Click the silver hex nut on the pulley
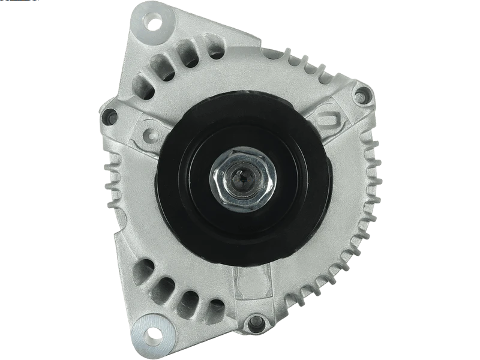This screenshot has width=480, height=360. [x=242, y=179]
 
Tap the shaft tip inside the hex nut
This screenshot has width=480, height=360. [x=242, y=180]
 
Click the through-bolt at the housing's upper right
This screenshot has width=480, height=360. [x=361, y=95]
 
